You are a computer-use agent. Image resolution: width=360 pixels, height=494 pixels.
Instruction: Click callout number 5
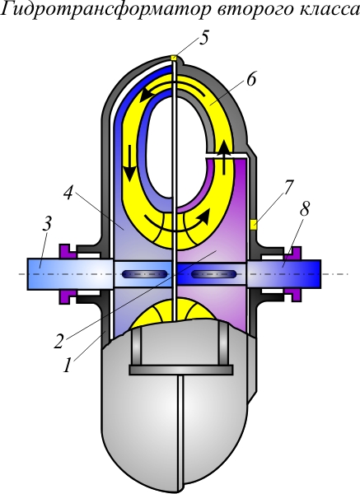pyautogui.click(x=203, y=39)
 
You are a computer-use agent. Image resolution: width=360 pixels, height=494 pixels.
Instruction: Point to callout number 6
pyautogui.click(x=251, y=79)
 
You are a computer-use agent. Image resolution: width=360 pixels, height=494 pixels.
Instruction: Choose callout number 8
pyautogui.click(x=304, y=209)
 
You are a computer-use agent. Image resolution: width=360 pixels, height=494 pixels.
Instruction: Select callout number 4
pyautogui.click(x=68, y=193)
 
